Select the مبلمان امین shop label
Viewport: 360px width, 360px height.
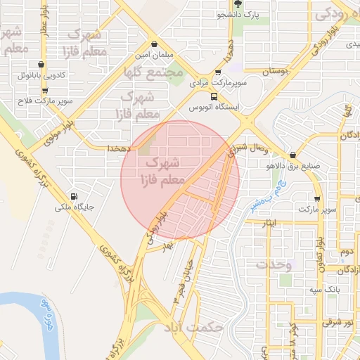click(x=154, y=53)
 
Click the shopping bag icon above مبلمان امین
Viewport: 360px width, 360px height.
click(x=154, y=43)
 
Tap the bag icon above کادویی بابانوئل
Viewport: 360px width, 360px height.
click(x=44, y=64)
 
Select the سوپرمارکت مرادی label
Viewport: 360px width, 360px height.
click(x=216, y=83)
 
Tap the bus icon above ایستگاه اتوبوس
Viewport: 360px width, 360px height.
click(x=213, y=97)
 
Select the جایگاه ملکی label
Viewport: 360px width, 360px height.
click(x=75, y=208)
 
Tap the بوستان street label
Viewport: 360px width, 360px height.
click(x=276, y=72)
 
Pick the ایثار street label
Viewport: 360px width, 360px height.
click(x=270, y=223)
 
